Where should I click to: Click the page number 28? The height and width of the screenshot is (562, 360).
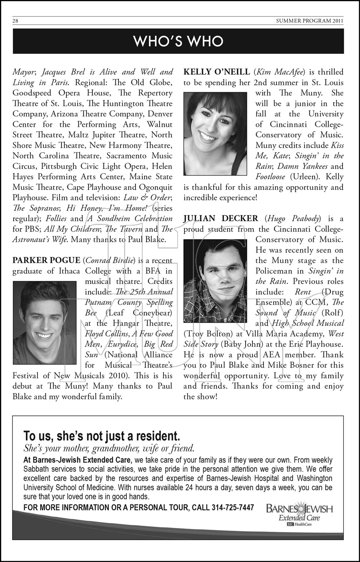click(15, 21)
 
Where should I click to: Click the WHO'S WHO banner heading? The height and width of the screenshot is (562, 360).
click(178, 41)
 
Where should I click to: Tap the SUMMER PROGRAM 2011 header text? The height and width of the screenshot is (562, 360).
click(309, 21)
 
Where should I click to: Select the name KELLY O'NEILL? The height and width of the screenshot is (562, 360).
click(216, 72)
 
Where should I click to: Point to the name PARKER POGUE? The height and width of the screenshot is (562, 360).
click(46, 260)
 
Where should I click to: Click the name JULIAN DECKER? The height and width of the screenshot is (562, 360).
click(220, 218)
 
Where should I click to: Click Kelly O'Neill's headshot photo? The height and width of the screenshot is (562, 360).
click(215, 134)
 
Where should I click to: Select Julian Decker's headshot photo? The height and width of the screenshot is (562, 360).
click(215, 281)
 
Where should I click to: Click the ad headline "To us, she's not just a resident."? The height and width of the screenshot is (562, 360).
click(102, 436)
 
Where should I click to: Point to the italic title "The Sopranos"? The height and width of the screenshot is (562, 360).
click(36, 208)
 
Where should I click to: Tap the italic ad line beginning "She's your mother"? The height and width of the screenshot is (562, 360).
click(109, 448)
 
